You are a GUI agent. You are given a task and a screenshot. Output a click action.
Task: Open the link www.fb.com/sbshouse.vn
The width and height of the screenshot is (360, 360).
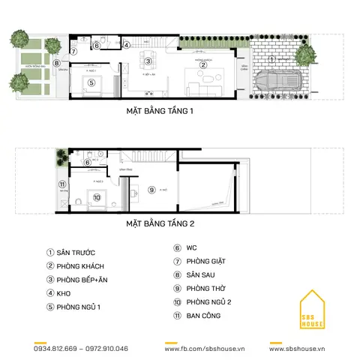click(202, 349)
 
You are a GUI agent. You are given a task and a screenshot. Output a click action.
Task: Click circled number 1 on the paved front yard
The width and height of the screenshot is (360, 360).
click(272, 58)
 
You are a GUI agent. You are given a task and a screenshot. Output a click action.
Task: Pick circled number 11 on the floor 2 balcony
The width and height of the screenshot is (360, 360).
click(62, 184)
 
